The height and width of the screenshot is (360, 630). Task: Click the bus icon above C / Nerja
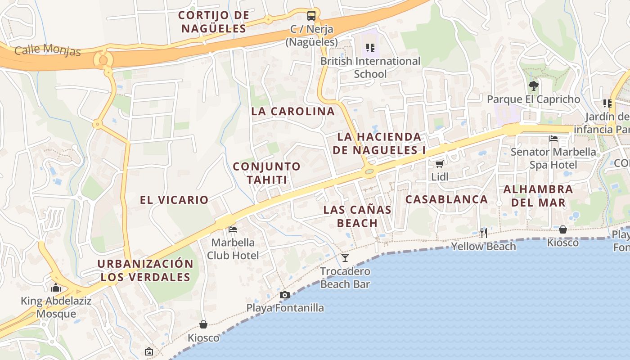click(x=311, y=16)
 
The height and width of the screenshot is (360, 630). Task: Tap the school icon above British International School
click(x=370, y=47)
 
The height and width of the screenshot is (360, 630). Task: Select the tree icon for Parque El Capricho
click(x=534, y=85)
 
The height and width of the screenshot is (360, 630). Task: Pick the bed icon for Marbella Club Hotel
click(x=233, y=229)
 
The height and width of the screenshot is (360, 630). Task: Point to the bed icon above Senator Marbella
click(x=553, y=139)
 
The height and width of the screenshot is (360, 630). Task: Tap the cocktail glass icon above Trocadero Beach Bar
click(x=345, y=258)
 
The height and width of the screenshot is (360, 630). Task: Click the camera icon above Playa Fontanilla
click(x=284, y=295)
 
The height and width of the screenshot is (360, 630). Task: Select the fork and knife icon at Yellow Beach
click(x=484, y=233)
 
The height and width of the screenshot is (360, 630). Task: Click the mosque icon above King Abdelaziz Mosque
click(x=56, y=288)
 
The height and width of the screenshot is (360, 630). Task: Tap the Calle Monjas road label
click(x=48, y=49)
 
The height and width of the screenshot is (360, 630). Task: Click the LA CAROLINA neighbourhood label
click(x=293, y=111)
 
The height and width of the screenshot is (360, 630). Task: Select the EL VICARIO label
click(x=174, y=200)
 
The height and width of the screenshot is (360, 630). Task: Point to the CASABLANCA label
click(x=446, y=199)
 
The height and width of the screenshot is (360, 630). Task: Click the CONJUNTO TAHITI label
click(x=267, y=173)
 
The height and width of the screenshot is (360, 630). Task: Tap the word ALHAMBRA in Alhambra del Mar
click(x=538, y=189)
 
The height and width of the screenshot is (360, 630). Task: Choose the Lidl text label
click(x=440, y=177)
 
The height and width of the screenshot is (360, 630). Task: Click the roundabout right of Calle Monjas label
click(x=103, y=59)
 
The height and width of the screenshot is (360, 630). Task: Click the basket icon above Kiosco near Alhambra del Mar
click(x=562, y=229)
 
